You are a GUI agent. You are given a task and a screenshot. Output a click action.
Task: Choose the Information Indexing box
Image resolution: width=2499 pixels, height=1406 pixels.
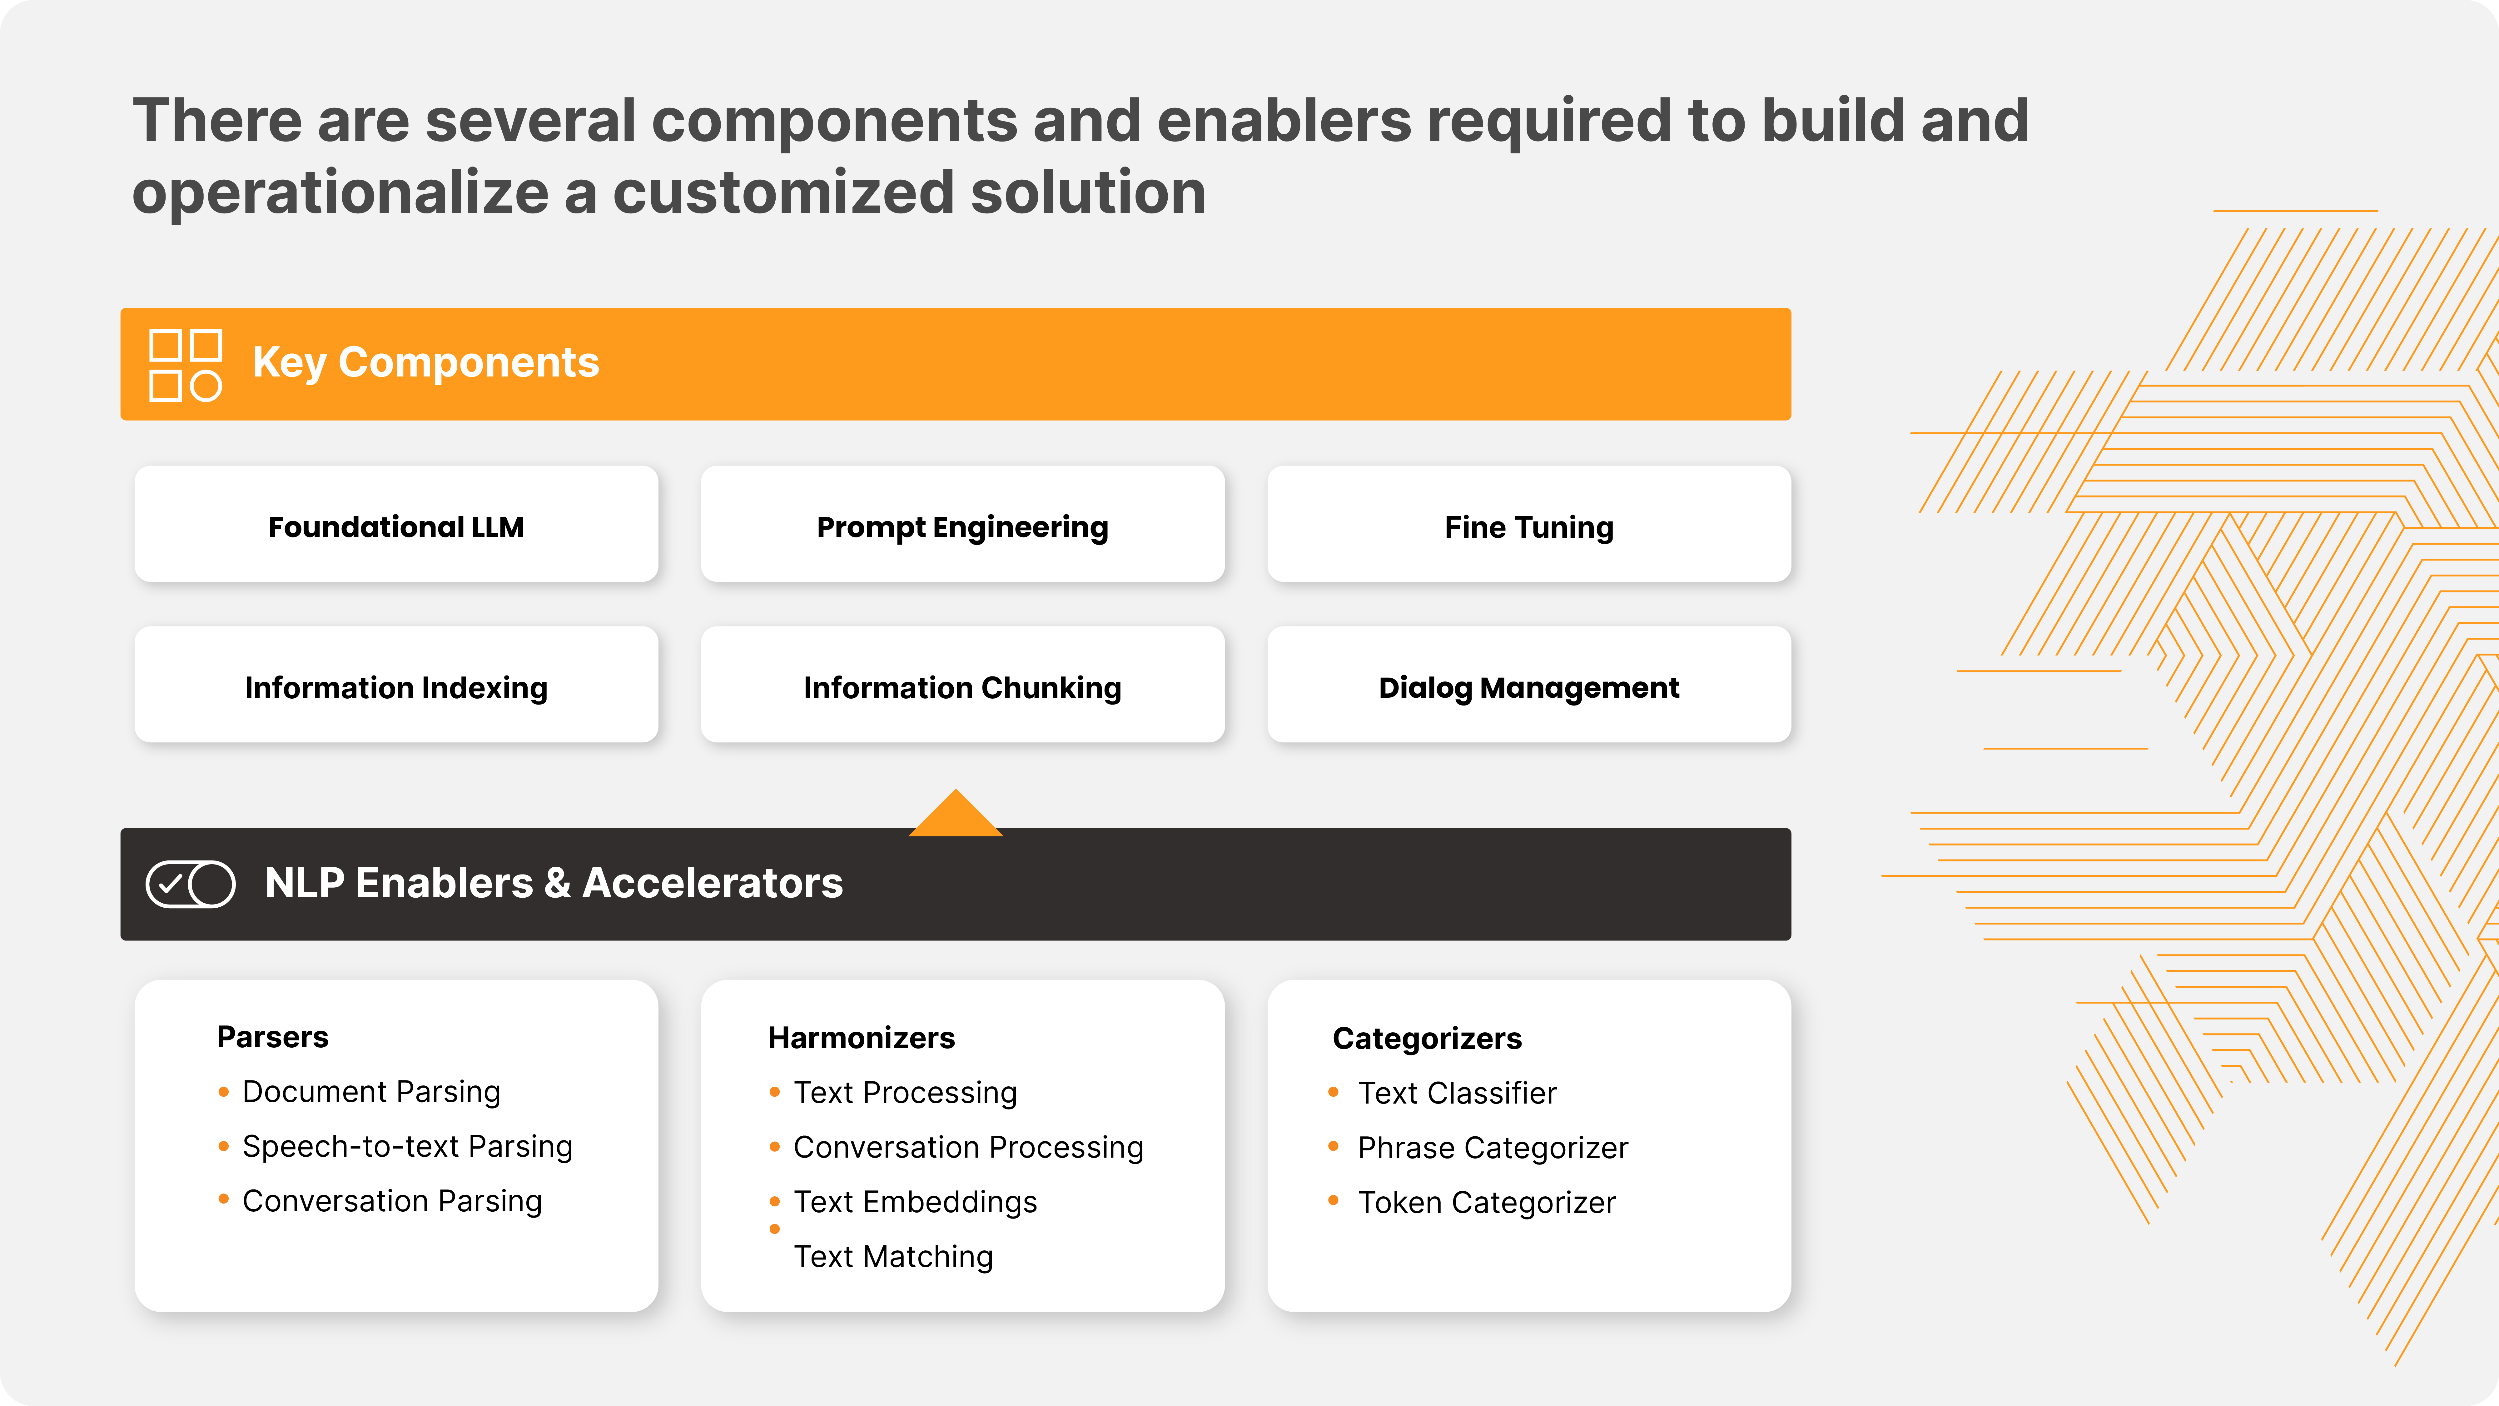396,685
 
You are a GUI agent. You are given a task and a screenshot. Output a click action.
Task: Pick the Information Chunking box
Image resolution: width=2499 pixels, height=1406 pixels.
962,685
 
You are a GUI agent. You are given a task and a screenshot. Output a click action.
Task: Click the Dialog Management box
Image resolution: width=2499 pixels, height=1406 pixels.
1529,685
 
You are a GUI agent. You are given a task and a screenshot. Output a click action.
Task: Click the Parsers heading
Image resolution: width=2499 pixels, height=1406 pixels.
273,1037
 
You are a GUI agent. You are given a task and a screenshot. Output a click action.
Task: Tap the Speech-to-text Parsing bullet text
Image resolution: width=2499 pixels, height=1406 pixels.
407,1147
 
